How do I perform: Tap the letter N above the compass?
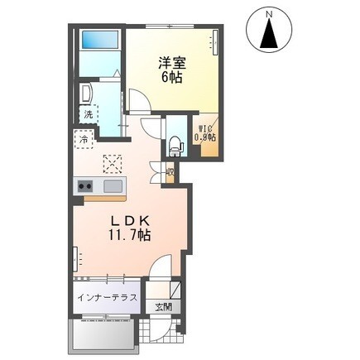point(269,13)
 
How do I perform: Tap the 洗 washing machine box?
point(87,113)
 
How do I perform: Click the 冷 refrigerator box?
point(84,140)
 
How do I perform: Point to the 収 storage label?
point(169,174)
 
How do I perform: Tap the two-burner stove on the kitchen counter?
point(87,186)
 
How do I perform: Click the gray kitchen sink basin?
point(112,185)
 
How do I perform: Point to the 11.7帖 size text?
point(126,237)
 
